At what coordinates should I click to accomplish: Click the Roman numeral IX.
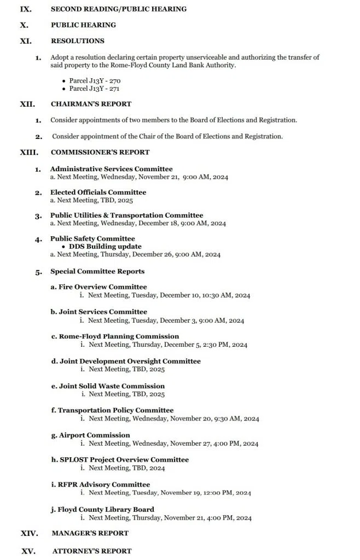tap(26, 9)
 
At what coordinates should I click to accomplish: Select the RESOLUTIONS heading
tap(77, 41)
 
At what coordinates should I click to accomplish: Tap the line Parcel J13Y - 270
tap(95, 80)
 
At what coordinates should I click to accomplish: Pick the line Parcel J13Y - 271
tap(95, 89)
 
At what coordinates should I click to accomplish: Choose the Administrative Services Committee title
tap(111, 170)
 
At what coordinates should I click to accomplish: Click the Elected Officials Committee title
tap(98, 192)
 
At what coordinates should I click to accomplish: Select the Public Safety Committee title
tap(92, 239)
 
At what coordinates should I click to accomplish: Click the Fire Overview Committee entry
tap(98, 287)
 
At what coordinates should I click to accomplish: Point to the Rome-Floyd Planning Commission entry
tap(115, 336)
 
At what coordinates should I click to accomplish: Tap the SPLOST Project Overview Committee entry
tap(119, 460)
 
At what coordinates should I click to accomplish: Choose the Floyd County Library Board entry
tap(102, 510)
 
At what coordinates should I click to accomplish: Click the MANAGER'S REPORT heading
tap(90, 533)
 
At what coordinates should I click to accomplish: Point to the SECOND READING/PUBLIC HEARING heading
tap(118, 9)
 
